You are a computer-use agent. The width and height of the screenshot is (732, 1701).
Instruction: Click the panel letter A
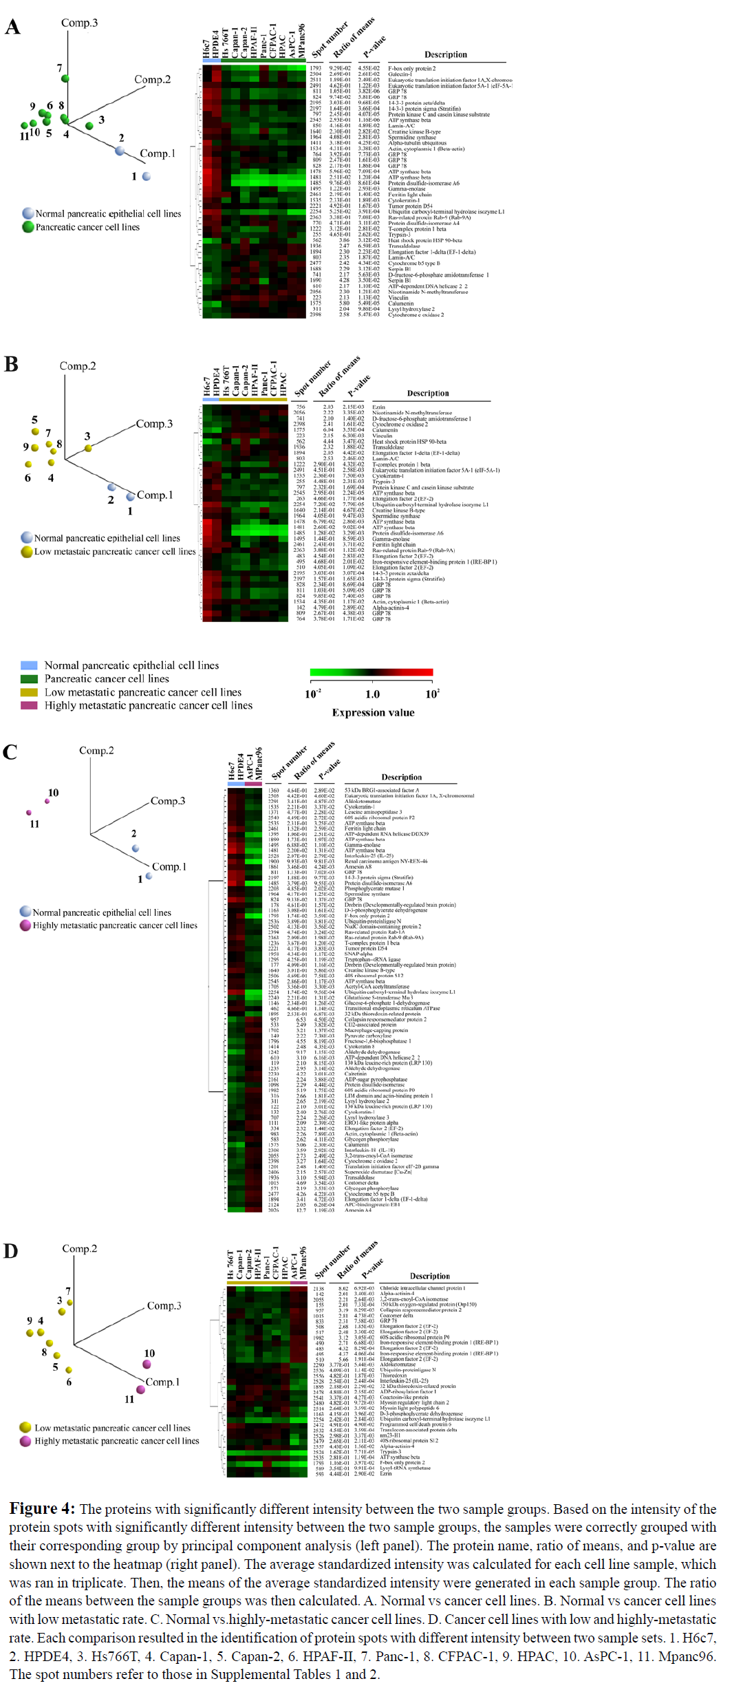pyautogui.click(x=12, y=27)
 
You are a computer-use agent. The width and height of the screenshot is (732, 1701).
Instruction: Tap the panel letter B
pyautogui.click(x=11, y=364)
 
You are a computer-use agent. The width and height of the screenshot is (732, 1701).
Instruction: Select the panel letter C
pyautogui.click(x=10, y=752)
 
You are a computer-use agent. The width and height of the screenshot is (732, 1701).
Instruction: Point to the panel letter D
pyautogui.click(x=10, y=1250)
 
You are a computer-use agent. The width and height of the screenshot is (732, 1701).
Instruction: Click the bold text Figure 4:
pyautogui.click(x=41, y=1509)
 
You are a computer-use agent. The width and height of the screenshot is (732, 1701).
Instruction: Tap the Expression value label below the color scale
pyautogui.click(x=373, y=712)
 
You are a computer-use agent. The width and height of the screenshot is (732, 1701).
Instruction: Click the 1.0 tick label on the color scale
pyautogui.click(x=372, y=694)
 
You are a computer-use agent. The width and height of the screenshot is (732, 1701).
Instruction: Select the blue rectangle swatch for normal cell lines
pyautogui.click(x=29, y=665)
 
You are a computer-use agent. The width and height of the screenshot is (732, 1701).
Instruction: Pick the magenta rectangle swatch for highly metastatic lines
pyautogui.click(x=29, y=705)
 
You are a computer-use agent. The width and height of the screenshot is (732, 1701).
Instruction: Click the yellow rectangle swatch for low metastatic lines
pyautogui.click(x=29, y=692)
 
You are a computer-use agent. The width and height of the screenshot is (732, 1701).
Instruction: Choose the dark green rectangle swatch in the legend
pyautogui.click(x=29, y=678)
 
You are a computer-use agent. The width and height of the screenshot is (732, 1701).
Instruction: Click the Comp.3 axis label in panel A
pyautogui.click(x=79, y=23)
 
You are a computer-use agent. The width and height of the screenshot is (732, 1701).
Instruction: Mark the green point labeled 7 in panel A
pyautogui.click(x=65, y=78)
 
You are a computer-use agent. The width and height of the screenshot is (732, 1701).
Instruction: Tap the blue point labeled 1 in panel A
pyautogui.click(x=147, y=177)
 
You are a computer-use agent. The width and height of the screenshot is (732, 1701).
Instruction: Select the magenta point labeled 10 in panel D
pyautogui.click(x=147, y=1364)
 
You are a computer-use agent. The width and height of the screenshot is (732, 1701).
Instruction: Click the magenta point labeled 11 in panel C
pyautogui.click(x=29, y=813)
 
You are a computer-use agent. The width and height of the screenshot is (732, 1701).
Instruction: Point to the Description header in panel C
pyautogui.click(x=402, y=777)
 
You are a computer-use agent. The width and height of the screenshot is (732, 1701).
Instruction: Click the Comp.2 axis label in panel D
pyautogui.click(x=79, y=1248)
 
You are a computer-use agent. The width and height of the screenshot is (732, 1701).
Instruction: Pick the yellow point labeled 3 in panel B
pyautogui.click(x=88, y=449)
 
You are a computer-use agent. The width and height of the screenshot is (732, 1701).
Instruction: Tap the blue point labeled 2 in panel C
pyautogui.click(x=136, y=848)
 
